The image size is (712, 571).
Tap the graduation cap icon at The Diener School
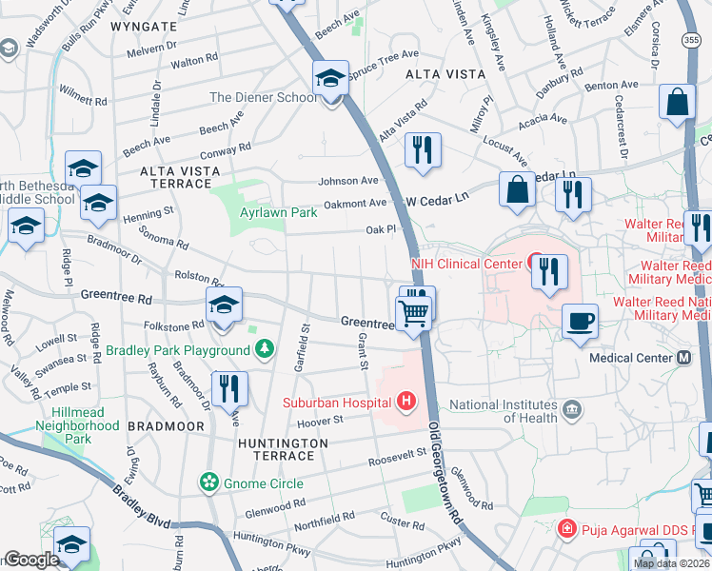coord(330,78)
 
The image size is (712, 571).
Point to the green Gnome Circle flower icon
coord(208,483)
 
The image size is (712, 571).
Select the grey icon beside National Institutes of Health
coord(572,410)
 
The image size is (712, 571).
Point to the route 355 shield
coord(692,39)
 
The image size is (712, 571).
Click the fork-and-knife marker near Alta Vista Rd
coord(422,149)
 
